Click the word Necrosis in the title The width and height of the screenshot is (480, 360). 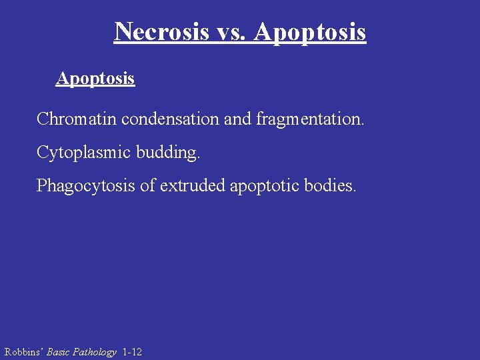[161, 31]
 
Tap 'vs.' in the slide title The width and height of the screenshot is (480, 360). [231, 31]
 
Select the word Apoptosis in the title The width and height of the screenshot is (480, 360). [310, 31]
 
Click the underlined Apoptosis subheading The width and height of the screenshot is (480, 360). [95, 79]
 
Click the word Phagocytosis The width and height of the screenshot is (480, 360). [85, 185]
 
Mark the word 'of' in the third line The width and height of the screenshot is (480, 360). [147, 185]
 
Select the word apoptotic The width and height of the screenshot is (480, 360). [265, 186]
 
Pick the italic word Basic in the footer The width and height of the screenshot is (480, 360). [58, 352]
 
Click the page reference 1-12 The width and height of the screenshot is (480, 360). [132, 352]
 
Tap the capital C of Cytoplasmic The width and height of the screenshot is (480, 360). [42, 153]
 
